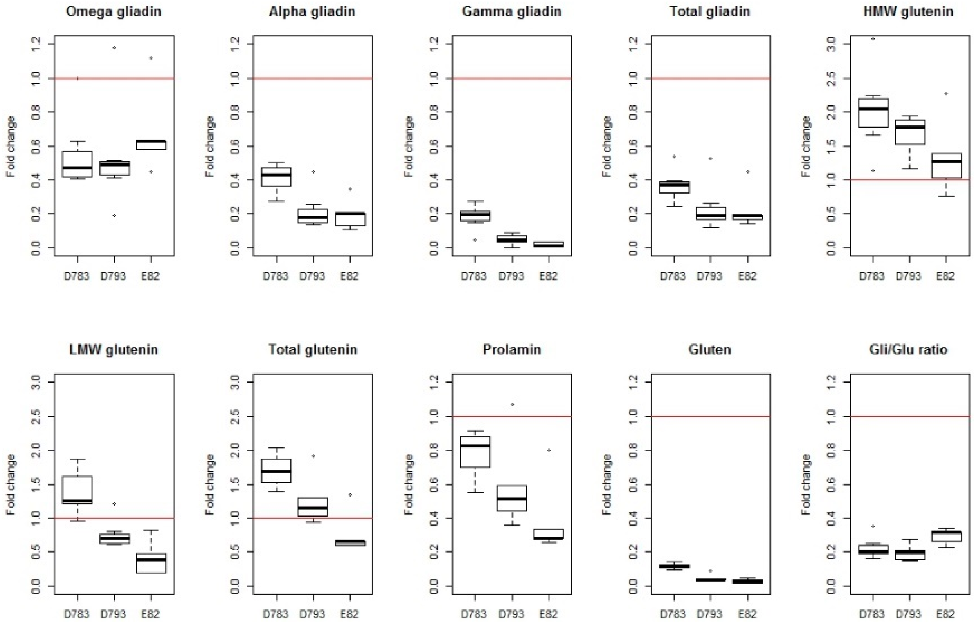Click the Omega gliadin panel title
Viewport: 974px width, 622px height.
point(114,11)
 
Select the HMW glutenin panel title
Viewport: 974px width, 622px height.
point(908,11)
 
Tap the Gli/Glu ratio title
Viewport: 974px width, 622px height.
point(908,349)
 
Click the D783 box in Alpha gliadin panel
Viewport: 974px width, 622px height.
point(277,177)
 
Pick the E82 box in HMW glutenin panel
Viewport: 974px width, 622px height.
point(946,166)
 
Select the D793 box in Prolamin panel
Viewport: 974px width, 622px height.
point(511,498)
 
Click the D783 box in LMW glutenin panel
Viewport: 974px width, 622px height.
point(77,490)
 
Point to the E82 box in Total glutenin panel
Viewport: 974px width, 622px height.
point(350,543)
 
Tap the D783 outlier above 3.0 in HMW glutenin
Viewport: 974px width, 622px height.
point(873,39)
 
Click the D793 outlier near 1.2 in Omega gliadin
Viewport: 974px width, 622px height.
point(114,48)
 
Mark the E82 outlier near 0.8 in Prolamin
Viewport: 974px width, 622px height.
point(549,450)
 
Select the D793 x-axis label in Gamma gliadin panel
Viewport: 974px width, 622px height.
point(511,276)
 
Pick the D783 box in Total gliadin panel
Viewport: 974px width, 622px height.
point(674,187)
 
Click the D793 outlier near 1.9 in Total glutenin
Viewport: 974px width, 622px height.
point(313,456)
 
